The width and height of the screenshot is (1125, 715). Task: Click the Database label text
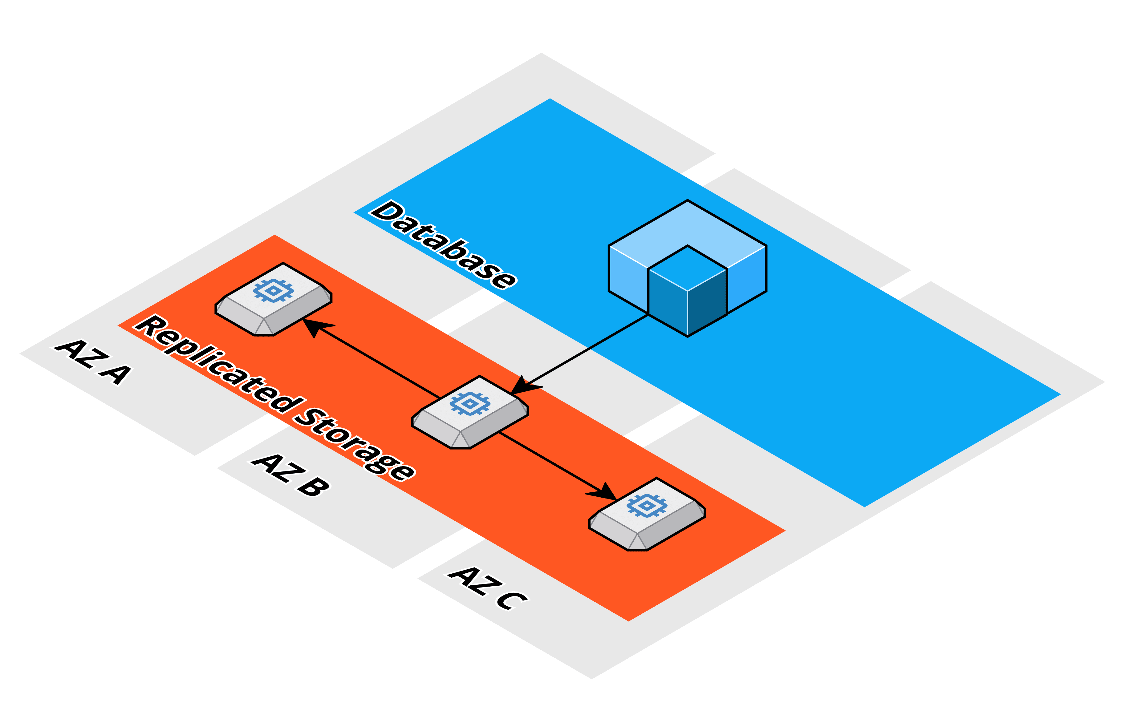[443, 245]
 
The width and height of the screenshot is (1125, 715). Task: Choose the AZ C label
[487, 588]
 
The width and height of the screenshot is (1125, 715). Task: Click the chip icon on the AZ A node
[273, 290]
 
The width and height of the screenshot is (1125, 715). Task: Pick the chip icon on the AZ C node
[647, 505]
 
